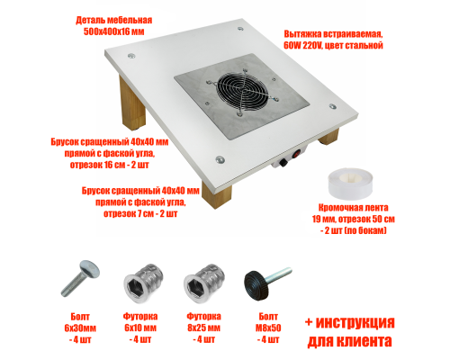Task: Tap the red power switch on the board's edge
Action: (281, 165)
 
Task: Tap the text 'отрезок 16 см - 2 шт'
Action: (105, 164)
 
